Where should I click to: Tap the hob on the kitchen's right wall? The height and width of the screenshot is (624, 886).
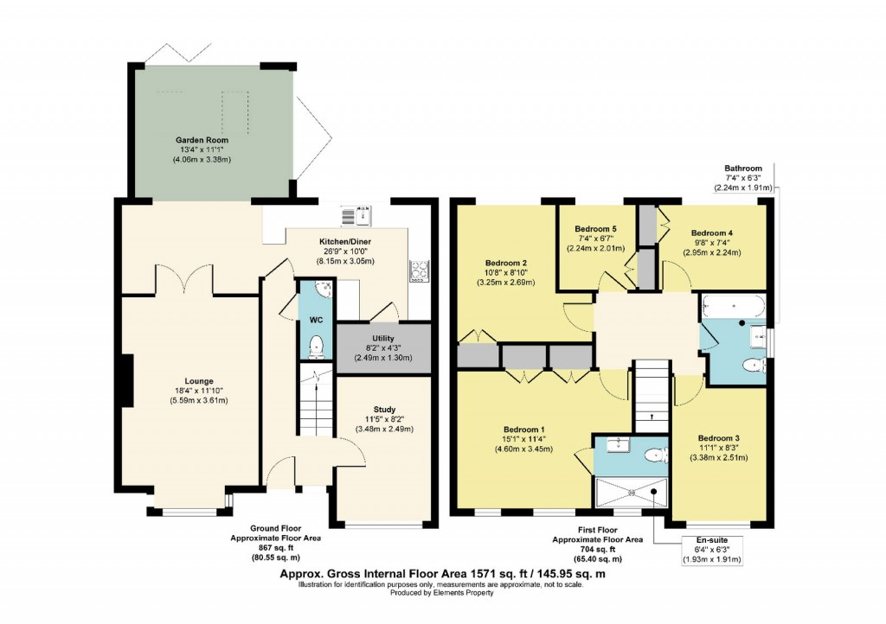tap(420, 271)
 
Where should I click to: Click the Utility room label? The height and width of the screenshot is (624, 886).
tap(383, 338)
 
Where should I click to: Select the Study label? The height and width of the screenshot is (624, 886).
tap(384, 410)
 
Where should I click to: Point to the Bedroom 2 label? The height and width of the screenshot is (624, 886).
tap(506, 263)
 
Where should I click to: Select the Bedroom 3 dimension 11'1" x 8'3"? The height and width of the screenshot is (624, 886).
tap(719, 449)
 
